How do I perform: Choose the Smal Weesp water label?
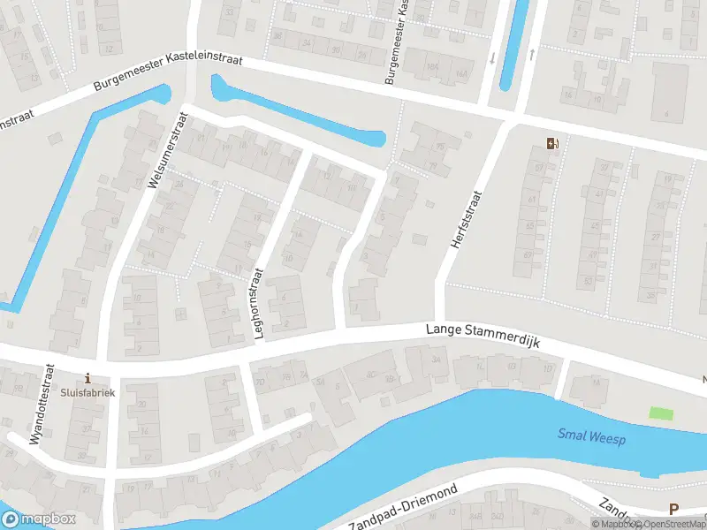(x=591, y=435)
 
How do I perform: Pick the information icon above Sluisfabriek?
(x=87, y=378)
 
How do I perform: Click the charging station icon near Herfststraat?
(x=553, y=143)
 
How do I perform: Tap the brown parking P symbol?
(x=674, y=509)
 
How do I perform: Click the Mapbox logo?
(x=39, y=519)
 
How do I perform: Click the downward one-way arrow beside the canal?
(x=492, y=57)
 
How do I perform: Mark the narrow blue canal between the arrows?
(x=513, y=44)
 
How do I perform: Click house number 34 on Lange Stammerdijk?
(x=437, y=360)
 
